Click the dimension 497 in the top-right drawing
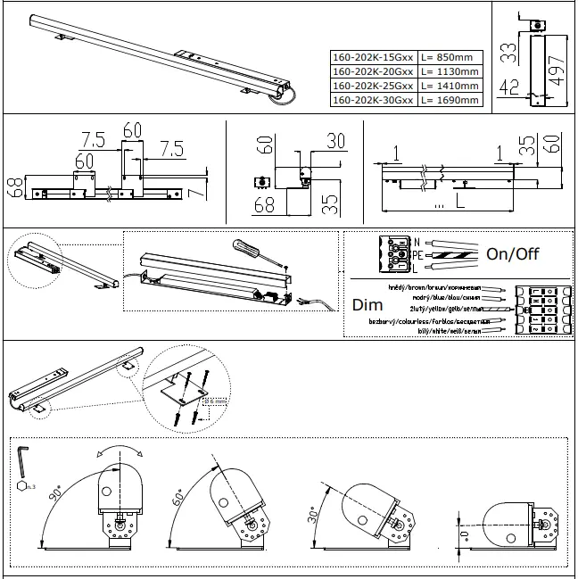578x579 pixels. pyautogui.click(x=557, y=68)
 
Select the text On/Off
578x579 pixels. pyautogui.click(x=512, y=253)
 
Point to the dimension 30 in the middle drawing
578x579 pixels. pyautogui.click(x=335, y=141)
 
